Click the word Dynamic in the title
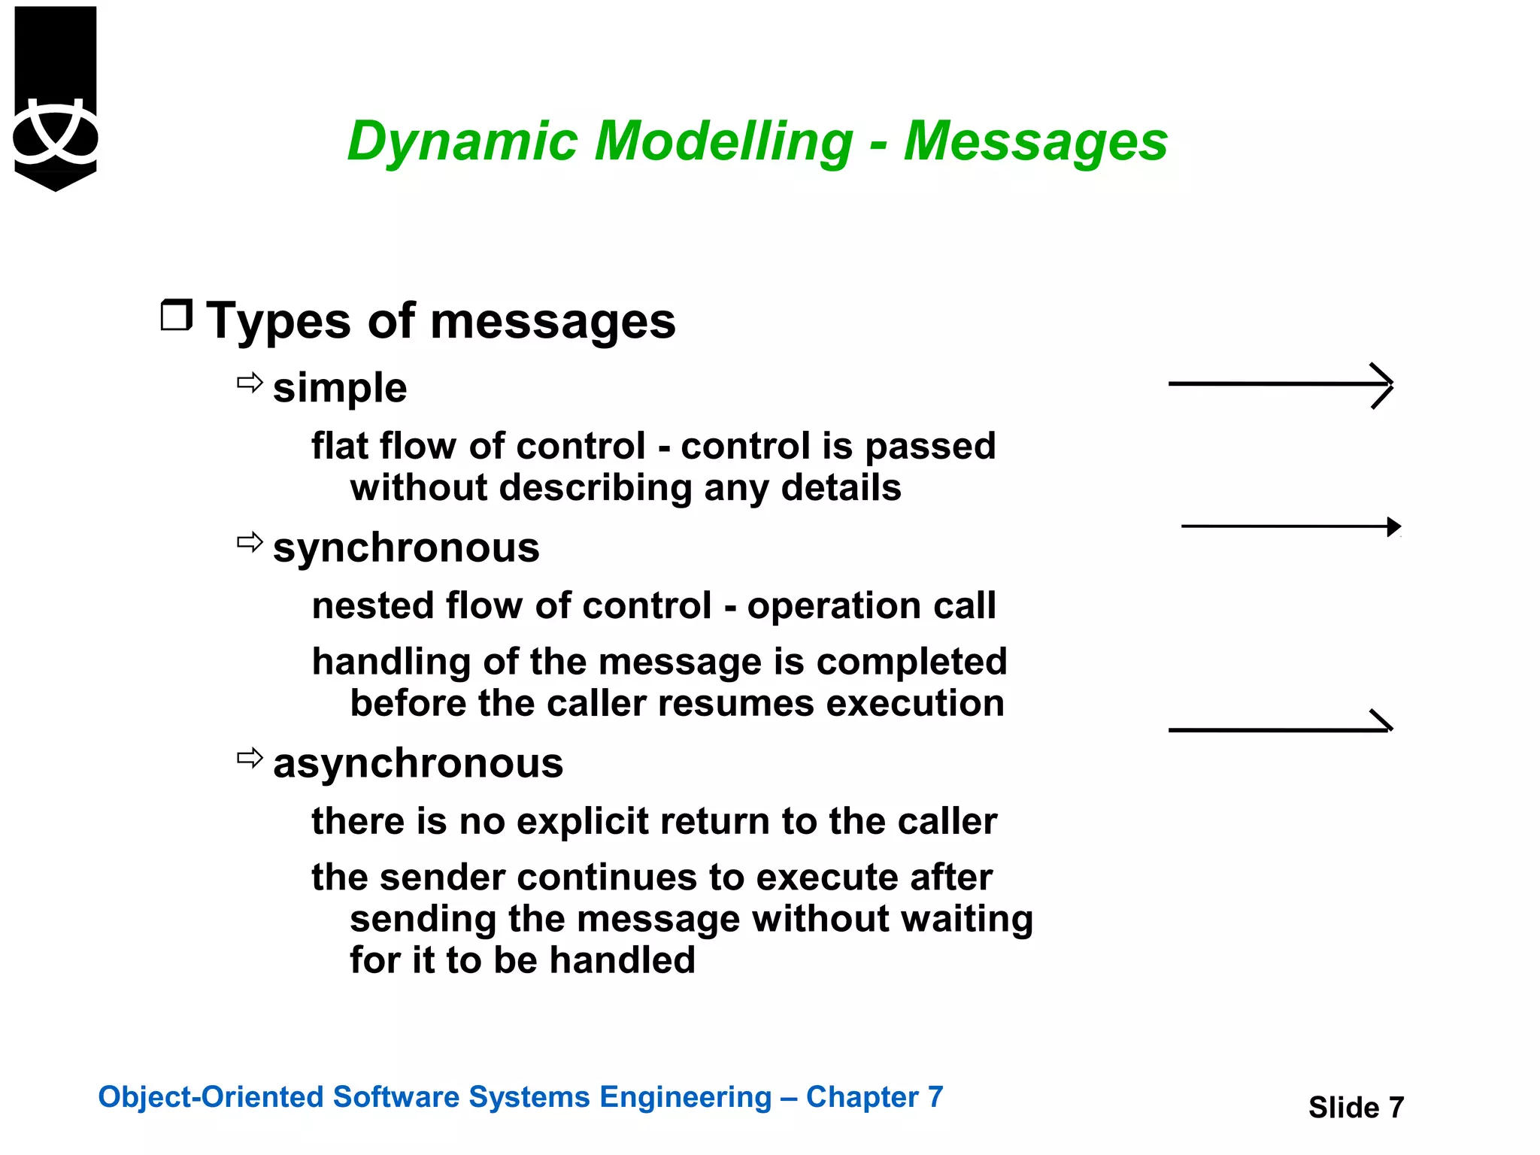click(x=461, y=141)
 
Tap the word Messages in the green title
click(x=1035, y=141)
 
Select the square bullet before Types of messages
click(x=177, y=315)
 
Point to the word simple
click(x=340, y=388)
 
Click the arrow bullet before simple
click(x=250, y=383)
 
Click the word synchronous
click(x=406, y=547)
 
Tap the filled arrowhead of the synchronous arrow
click(x=1393, y=526)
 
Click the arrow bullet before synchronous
click(x=250, y=542)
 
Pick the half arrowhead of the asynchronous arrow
click(x=1381, y=721)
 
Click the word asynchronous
click(x=418, y=763)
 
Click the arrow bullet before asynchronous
click(x=250, y=757)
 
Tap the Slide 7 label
click(x=1356, y=1108)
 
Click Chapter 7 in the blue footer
click(x=874, y=1097)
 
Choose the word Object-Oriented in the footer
click(x=211, y=1097)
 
